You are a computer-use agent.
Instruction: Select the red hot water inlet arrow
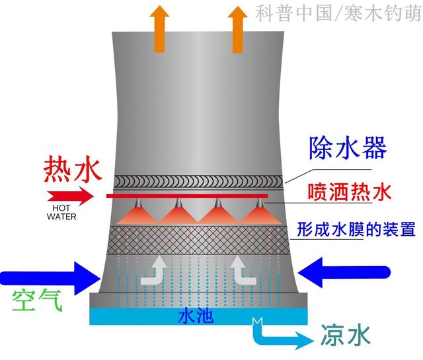[x=72, y=195]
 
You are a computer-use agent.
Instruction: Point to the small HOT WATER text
[x=61, y=212]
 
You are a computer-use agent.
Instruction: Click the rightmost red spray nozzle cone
[x=256, y=215]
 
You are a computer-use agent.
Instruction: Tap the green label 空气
[x=38, y=301]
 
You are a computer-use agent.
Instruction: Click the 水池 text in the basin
[x=196, y=317]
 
